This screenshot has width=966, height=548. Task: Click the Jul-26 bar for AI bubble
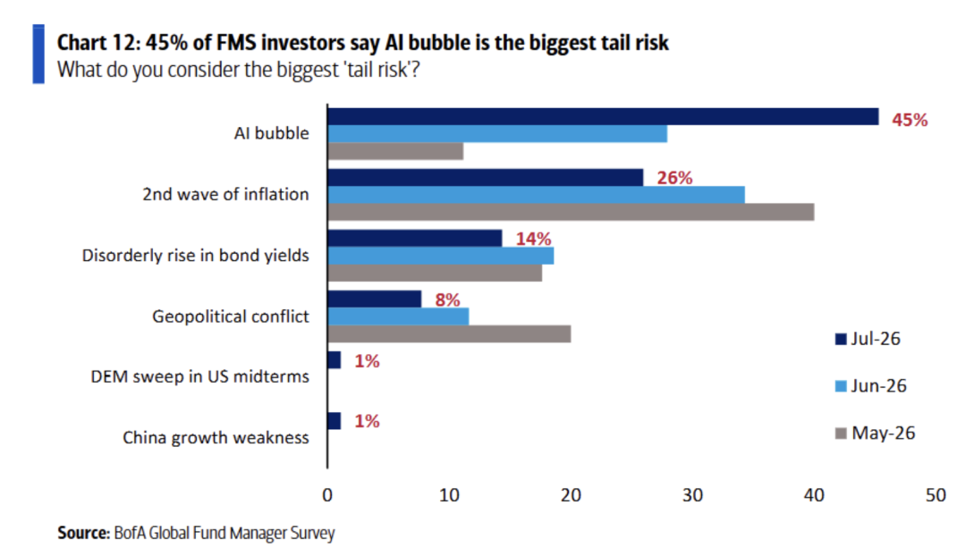(x=603, y=116)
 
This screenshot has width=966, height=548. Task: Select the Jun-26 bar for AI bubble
(x=497, y=133)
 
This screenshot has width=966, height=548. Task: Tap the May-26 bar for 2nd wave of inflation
(x=571, y=212)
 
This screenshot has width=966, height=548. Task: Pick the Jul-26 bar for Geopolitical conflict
(x=375, y=299)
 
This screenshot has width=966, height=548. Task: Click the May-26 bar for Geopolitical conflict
(x=449, y=333)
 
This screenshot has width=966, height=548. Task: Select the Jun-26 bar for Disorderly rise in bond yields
(x=440, y=256)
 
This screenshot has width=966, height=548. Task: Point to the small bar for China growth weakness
(x=334, y=421)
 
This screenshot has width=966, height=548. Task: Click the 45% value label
(x=910, y=120)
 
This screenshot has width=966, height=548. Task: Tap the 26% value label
(x=674, y=178)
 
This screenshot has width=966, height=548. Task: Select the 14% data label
(x=533, y=239)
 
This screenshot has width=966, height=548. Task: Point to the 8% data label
(x=448, y=299)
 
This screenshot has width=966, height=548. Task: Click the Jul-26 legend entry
(x=868, y=339)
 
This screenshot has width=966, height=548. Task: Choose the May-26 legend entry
(x=875, y=434)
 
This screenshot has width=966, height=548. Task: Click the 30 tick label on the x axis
(x=692, y=495)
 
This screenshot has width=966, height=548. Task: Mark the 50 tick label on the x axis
(x=936, y=495)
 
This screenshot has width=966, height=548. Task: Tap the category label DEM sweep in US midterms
(x=200, y=376)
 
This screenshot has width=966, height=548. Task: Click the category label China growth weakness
(x=216, y=438)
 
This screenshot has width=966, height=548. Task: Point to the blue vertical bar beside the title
(x=38, y=55)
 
